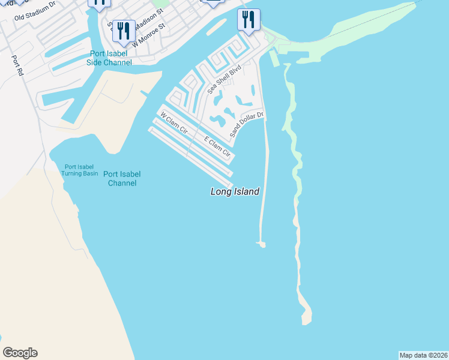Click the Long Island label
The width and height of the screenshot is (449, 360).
pos(235,192)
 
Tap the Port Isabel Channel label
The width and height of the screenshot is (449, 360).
pos(122,178)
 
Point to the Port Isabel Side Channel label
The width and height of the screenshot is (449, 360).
pos(109,58)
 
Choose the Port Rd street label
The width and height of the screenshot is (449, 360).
pos(17,65)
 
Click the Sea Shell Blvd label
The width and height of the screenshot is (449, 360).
pos(224,79)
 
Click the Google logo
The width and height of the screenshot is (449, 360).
pos(20,353)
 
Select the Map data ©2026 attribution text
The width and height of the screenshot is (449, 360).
pos(424,355)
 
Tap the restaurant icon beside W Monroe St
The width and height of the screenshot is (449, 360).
pos(124,31)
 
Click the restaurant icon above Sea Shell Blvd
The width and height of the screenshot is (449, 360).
pos(249,19)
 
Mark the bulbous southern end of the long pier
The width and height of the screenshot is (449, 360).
pos(261,244)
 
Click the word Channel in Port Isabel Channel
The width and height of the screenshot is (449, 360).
pos(122,182)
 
